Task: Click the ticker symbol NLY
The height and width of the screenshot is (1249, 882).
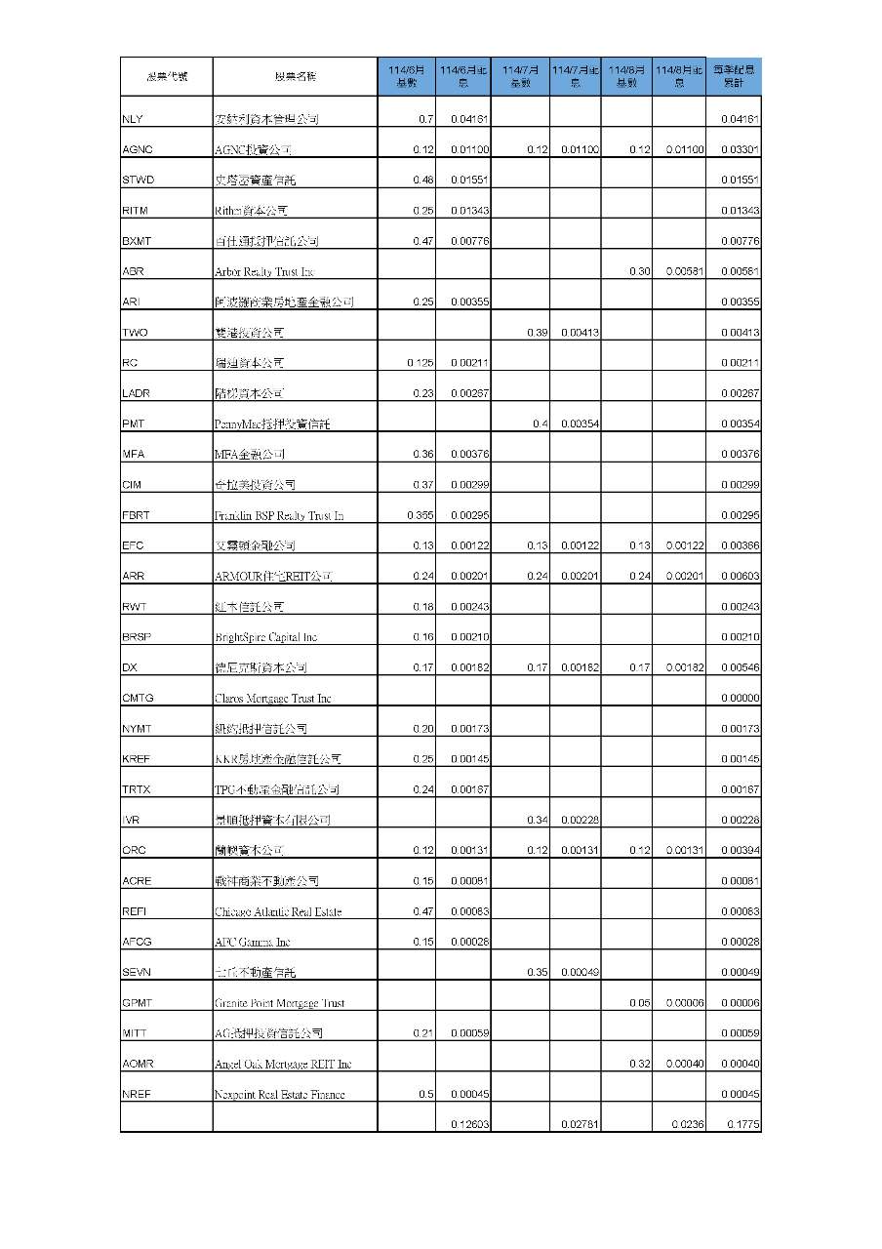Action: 133,119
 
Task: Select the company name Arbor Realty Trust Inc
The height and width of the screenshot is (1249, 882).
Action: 264,271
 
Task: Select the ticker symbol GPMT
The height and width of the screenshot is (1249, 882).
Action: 138,1002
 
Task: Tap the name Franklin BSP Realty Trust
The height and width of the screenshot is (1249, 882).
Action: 279,515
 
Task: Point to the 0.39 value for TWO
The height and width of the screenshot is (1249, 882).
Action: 537,333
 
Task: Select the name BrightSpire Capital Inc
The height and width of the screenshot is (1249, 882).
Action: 265,637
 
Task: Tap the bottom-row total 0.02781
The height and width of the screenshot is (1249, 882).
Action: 580,1124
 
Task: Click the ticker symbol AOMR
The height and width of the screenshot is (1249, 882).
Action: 139,1064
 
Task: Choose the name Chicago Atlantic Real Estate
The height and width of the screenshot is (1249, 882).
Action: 278,911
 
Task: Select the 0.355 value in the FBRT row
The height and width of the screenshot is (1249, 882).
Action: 420,515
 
